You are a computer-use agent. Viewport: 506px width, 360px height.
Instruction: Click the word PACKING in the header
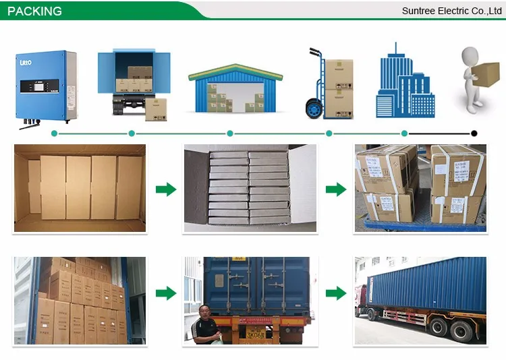pos(34,11)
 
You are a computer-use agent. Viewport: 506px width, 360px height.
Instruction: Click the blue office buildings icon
pos(405,81)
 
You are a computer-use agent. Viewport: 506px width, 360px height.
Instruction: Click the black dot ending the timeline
pos(474,133)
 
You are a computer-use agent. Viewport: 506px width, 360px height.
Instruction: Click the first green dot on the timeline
pos(55,133)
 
